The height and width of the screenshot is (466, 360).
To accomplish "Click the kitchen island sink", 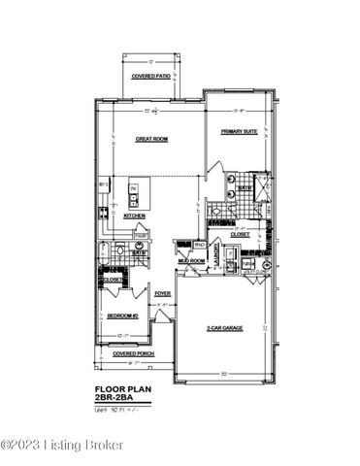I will [133, 200].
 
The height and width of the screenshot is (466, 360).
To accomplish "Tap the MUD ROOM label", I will [190, 260].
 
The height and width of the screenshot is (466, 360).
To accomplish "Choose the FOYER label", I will [162, 292].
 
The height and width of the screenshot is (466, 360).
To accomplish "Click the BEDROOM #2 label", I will [123, 316].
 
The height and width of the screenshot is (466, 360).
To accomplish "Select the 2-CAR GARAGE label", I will [225, 328].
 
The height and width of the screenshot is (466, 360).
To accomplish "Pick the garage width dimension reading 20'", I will [224, 373].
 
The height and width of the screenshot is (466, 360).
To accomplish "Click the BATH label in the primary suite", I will [259, 187].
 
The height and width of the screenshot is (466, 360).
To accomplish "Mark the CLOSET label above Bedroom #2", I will [112, 280].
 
